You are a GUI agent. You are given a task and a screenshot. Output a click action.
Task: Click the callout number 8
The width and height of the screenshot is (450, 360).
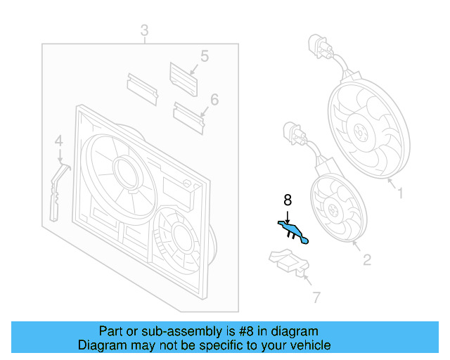(288, 200)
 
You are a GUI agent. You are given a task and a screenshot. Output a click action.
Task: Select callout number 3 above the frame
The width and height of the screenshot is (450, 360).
(145, 30)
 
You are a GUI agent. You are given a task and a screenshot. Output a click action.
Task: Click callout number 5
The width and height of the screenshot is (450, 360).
(205, 56)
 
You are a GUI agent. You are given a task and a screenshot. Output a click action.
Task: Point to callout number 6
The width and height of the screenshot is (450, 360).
(214, 100)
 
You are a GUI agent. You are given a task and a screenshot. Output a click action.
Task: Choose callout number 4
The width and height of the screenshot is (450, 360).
(59, 141)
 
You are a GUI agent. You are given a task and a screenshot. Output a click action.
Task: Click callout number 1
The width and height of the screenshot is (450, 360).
(401, 193)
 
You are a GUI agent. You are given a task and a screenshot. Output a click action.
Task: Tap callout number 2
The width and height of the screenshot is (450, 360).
(367, 260)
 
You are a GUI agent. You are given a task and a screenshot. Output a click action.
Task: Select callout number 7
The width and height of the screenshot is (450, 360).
(316, 297)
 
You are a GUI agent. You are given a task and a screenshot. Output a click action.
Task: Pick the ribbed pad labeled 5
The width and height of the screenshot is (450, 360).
(184, 79)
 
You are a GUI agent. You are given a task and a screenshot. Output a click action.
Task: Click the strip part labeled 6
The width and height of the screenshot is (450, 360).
(188, 118)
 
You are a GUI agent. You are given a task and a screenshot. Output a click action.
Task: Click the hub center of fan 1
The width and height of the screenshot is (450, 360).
(361, 132)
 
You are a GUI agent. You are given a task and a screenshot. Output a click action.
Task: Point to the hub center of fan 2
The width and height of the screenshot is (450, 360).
(333, 209)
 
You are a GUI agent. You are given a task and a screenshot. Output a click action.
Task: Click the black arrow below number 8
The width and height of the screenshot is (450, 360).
(288, 217)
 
